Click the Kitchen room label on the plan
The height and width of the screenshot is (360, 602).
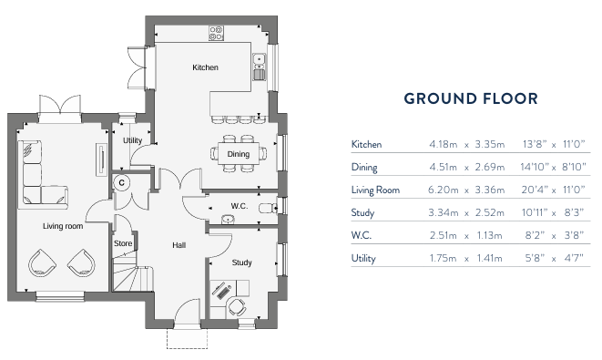(x=205, y=68)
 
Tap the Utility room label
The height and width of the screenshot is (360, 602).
(x=131, y=140)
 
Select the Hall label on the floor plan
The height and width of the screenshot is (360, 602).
(x=179, y=245)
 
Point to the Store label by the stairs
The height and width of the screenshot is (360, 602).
(x=122, y=243)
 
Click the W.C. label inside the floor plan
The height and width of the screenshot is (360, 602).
(x=240, y=206)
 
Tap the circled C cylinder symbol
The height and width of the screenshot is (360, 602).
(x=120, y=182)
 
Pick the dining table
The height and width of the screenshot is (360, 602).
(x=239, y=153)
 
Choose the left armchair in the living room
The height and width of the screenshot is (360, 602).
(x=43, y=262)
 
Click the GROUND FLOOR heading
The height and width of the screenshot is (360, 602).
(x=470, y=98)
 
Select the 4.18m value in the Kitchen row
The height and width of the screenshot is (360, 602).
(x=444, y=144)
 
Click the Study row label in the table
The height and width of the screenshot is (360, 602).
(x=362, y=213)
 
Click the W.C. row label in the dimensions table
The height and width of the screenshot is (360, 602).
(x=362, y=236)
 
